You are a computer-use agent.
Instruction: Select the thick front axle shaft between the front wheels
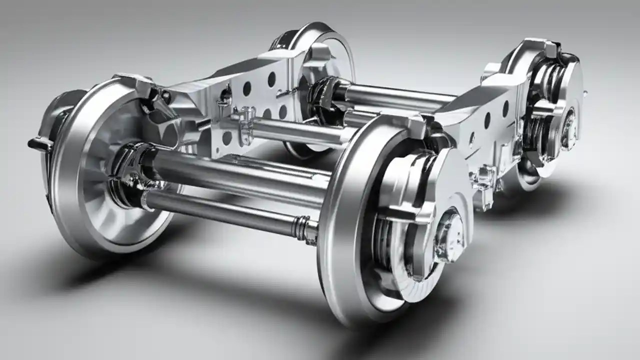point(235,172)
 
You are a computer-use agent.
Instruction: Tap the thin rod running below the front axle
point(225,210)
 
